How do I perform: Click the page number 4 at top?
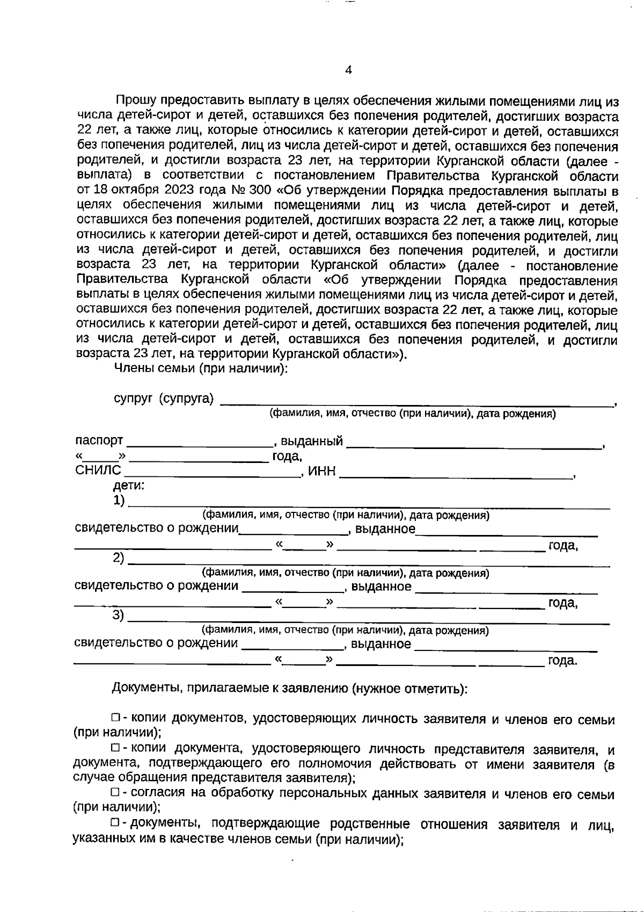point(348,70)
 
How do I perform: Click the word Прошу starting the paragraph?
point(136,100)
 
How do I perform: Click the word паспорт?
point(99,441)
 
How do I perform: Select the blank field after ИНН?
point(456,473)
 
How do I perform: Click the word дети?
point(129,486)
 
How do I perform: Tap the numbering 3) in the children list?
point(118,616)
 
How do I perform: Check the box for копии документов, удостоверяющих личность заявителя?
point(115,718)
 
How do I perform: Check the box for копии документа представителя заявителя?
point(115,748)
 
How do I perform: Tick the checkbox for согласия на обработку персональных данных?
point(115,793)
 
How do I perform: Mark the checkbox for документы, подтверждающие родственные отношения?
point(115,823)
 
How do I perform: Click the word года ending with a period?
point(562,661)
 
